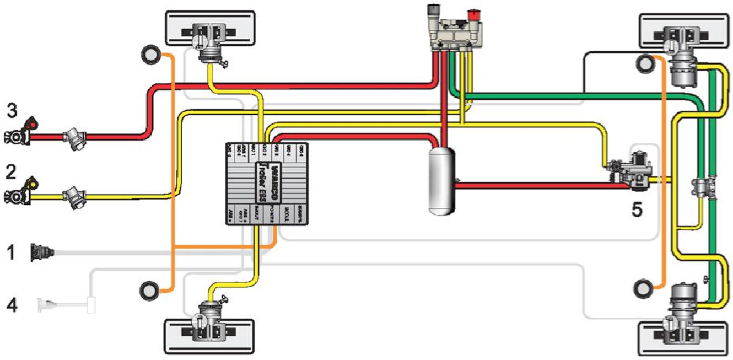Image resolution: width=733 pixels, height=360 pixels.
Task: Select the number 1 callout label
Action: point(11,253)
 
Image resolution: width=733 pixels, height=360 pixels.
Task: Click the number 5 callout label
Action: point(637,210)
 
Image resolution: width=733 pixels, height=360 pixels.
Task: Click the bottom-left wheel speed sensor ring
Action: point(149,289)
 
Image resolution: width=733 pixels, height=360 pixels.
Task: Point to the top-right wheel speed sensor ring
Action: point(645,64)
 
